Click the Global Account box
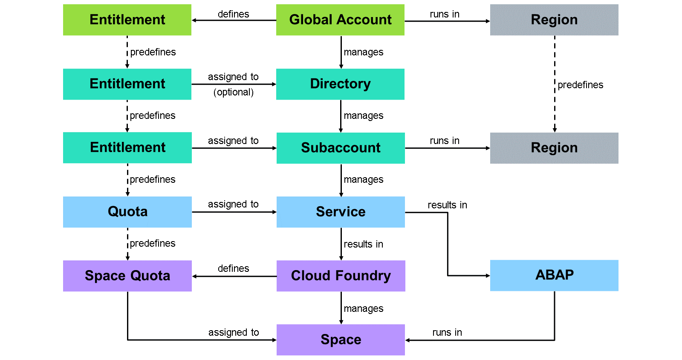(340, 20)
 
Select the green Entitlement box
(127, 20)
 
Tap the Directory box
(340, 84)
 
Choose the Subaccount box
(341, 148)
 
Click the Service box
(341, 212)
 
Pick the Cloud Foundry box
(341, 276)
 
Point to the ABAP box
(554, 275)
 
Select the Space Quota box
(127, 276)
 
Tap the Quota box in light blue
(127, 212)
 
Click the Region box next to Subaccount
(554, 148)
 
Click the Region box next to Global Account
(554, 20)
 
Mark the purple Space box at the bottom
(341, 340)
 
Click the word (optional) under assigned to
(234, 92)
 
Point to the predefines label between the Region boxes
(580, 85)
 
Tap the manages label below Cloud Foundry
(364, 308)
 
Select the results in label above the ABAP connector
(447, 205)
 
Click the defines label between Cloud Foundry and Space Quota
(234, 268)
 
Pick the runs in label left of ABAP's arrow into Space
(447, 332)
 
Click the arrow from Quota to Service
(234, 212)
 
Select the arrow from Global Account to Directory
(341, 52)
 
